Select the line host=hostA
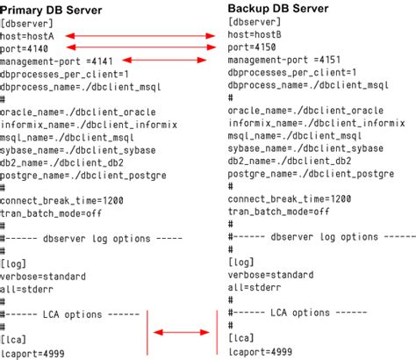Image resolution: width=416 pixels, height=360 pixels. [x=28, y=35]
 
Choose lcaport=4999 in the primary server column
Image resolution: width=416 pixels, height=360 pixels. [x=35, y=353]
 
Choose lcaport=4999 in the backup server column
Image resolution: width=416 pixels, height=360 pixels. [x=261, y=351]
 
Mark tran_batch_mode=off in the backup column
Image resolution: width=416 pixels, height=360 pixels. [x=278, y=212]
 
